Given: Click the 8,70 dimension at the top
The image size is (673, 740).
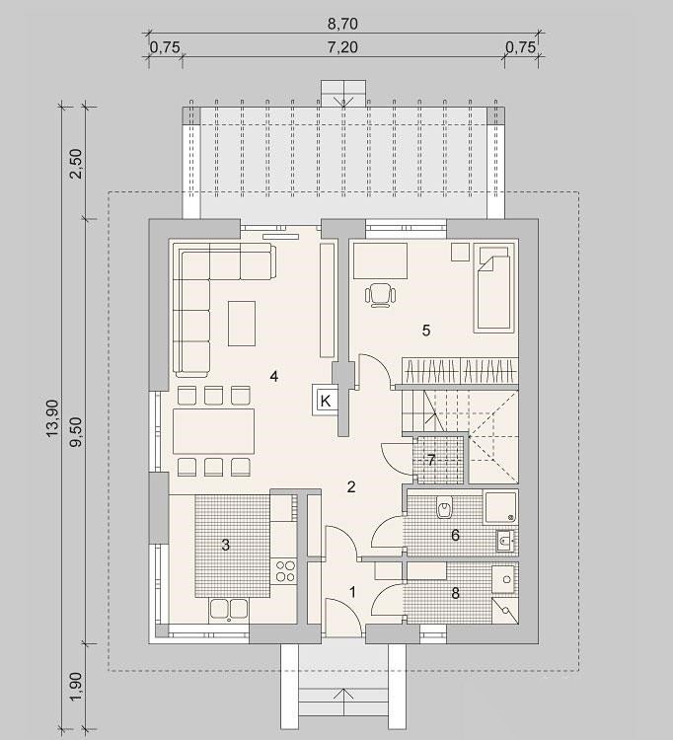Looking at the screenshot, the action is coord(342,23).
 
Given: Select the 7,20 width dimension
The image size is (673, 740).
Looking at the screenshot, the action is coord(342,47).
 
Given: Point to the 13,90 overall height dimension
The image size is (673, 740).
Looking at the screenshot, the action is coord(52,417).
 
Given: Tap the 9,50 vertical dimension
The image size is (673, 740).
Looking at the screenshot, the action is coord(76,432).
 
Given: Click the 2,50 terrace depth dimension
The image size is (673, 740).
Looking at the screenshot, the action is coord(76,163).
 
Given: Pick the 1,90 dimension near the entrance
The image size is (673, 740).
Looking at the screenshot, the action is coord(76,686).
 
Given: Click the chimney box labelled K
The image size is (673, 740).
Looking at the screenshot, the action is coord(325,401).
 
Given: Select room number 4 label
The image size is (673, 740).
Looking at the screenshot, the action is coord(274,376).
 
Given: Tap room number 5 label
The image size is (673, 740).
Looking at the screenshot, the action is coord(426,331).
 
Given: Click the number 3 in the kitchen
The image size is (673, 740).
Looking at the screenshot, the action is coord(226,545).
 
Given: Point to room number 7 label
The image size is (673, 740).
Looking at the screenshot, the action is coord(431,460).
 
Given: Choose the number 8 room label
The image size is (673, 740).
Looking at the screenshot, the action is coord(456,593).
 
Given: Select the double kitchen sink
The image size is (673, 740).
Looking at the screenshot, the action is coord(229,609).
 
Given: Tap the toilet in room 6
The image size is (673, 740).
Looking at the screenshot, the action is coord(445,508).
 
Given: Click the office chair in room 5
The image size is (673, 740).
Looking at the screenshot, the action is coord(380,295).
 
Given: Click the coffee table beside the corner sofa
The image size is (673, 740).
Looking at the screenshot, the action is coord(242,324).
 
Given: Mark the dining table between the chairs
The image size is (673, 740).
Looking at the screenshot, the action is coord(214,431).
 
